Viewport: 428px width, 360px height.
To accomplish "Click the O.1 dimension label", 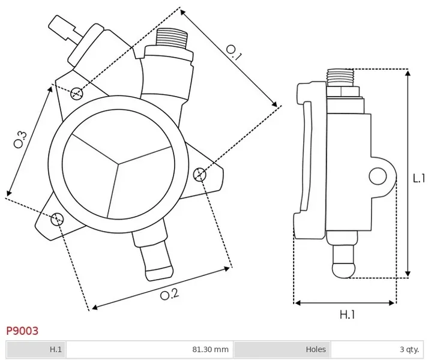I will pyautogui.click(x=234, y=56).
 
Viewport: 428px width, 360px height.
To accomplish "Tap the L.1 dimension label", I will pyautogui.click(x=418, y=178).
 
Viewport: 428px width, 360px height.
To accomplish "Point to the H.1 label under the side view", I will pyautogui.click(x=348, y=314).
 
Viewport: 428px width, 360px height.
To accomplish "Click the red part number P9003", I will pyautogui.click(x=22, y=331).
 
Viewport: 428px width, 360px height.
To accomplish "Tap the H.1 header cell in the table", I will pyautogui.click(x=56, y=349).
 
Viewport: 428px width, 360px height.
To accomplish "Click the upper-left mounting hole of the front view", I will pyautogui.click(x=76, y=92).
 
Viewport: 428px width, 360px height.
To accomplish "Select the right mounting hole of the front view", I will pyautogui.click(x=200, y=174).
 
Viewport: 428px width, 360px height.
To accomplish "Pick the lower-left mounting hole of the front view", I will pyautogui.click(x=57, y=218).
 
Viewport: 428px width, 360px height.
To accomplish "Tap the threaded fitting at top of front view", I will pyautogui.click(x=172, y=43).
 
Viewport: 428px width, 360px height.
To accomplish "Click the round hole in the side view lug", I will pyautogui.click(x=378, y=176).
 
